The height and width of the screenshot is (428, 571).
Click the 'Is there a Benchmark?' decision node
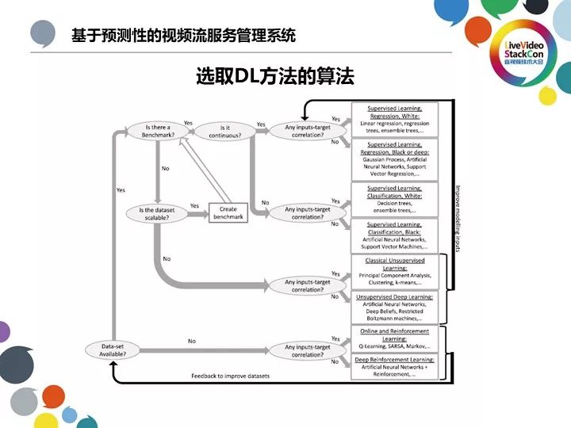click(x=159, y=130)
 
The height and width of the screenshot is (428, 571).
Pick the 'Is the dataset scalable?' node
click(x=159, y=212)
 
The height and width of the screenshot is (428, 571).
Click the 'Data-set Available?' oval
click(x=112, y=349)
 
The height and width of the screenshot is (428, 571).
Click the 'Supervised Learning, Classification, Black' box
click(x=394, y=235)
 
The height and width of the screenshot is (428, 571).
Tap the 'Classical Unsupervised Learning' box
click(x=394, y=271)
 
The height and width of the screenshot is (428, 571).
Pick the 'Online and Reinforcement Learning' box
click(x=394, y=338)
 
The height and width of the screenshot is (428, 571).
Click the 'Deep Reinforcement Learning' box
click(x=394, y=365)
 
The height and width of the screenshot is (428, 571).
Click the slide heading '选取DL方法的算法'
click(x=274, y=76)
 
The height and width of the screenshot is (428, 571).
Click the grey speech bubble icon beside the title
click(x=44, y=34)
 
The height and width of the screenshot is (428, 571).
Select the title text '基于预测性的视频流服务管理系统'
click(x=183, y=36)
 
